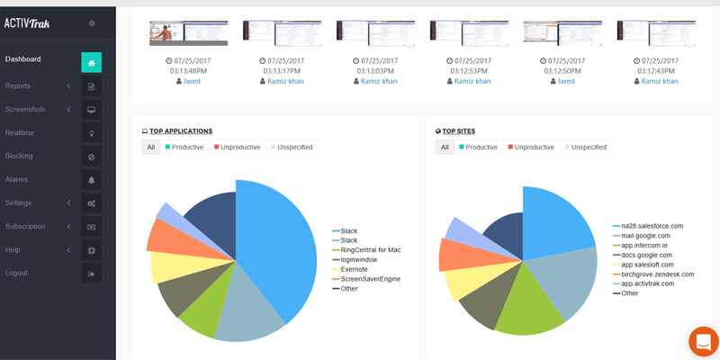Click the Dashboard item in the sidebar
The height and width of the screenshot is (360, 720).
tap(23, 59)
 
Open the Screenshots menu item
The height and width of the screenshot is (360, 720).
tap(25, 110)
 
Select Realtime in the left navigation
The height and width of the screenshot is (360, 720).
tap(20, 133)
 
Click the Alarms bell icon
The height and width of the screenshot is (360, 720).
tap(91, 180)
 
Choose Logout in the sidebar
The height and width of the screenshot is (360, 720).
tap(16, 273)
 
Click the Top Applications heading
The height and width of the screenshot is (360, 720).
tap(181, 131)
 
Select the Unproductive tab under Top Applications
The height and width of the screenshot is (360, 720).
tap(238, 147)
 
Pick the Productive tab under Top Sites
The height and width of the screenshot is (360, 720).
tap(478, 147)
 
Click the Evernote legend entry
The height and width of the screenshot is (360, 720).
tap(354, 269)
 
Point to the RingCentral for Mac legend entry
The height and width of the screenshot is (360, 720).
tap(370, 249)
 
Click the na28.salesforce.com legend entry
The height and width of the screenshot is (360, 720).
tap(652, 226)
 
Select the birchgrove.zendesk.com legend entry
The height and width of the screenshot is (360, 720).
tap(657, 274)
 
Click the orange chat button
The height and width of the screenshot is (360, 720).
tap(703, 342)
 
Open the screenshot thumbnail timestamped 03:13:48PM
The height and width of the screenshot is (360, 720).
tap(188, 32)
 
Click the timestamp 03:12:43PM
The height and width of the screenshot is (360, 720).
tap(656, 70)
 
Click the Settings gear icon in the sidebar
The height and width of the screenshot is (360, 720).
tap(91, 203)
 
